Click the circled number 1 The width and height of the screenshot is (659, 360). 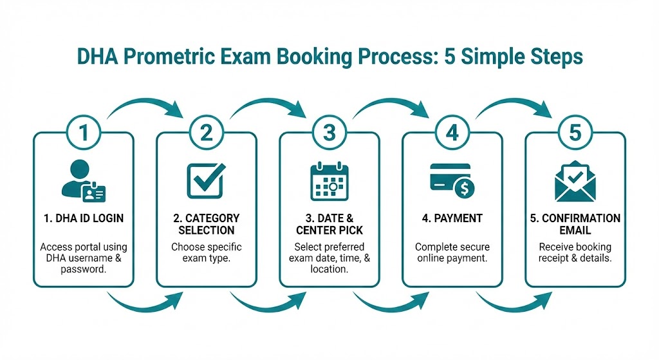click(84, 133)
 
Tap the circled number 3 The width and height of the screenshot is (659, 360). click(329, 133)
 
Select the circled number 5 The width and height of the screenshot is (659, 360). click(575, 133)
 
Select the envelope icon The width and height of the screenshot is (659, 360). click(575, 180)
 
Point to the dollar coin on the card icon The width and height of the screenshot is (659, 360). click(463, 188)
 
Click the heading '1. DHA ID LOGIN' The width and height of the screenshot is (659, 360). click(84, 219)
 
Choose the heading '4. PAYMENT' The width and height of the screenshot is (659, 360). click(452, 219)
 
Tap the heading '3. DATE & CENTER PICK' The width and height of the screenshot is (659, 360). click(329, 224)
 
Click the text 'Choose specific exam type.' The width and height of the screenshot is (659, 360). click(206, 252)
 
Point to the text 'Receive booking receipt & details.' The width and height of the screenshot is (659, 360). click(575, 252)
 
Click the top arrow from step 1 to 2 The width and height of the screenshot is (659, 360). click(145, 106)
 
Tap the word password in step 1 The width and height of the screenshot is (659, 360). click(84, 269)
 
